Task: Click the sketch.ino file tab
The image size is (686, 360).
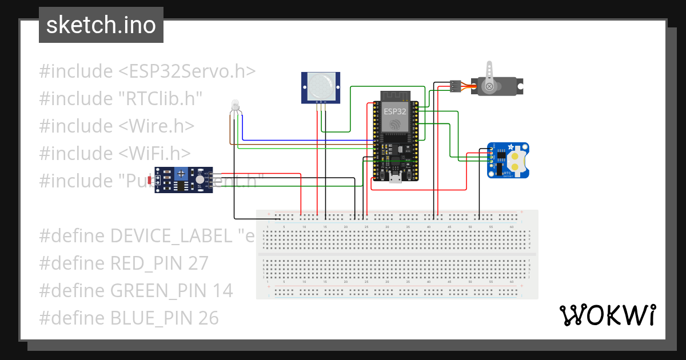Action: pyautogui.click(x=101, y=25)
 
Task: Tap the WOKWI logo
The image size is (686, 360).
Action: pyautogui.click(x=607, y=315)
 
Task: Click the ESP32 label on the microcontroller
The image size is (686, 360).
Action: pyautogui.click(x=395, y=111)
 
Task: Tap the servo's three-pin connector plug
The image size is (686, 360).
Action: pyautogui.click(x=455, y=86)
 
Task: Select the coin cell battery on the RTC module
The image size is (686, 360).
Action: pyautogui.click(x=517, y=161)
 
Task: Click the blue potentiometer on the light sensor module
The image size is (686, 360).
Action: pyautogui.click(x=181, y=173)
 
